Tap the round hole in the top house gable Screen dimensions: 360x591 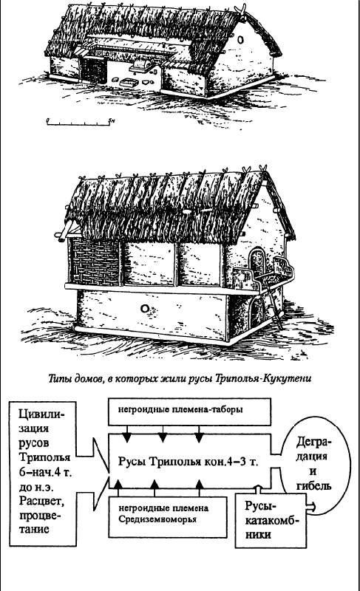pos(241,39)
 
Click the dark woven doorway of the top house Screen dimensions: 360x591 pos(94,70)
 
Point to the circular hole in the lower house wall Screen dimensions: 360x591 pos(144,309)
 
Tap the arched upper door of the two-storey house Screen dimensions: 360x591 pos(257,263)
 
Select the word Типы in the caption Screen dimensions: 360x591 pos(58,379)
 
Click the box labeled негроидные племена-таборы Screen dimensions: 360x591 pos(189,411)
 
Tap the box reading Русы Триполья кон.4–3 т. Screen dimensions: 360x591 pos(189,461)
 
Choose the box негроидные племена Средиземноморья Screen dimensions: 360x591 pos(168,516)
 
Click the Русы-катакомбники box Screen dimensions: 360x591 pos(271,520)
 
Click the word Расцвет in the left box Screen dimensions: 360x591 pos(39,502)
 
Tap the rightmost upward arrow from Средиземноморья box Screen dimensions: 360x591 pos(200,488)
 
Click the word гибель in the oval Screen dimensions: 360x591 pos(313,485)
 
